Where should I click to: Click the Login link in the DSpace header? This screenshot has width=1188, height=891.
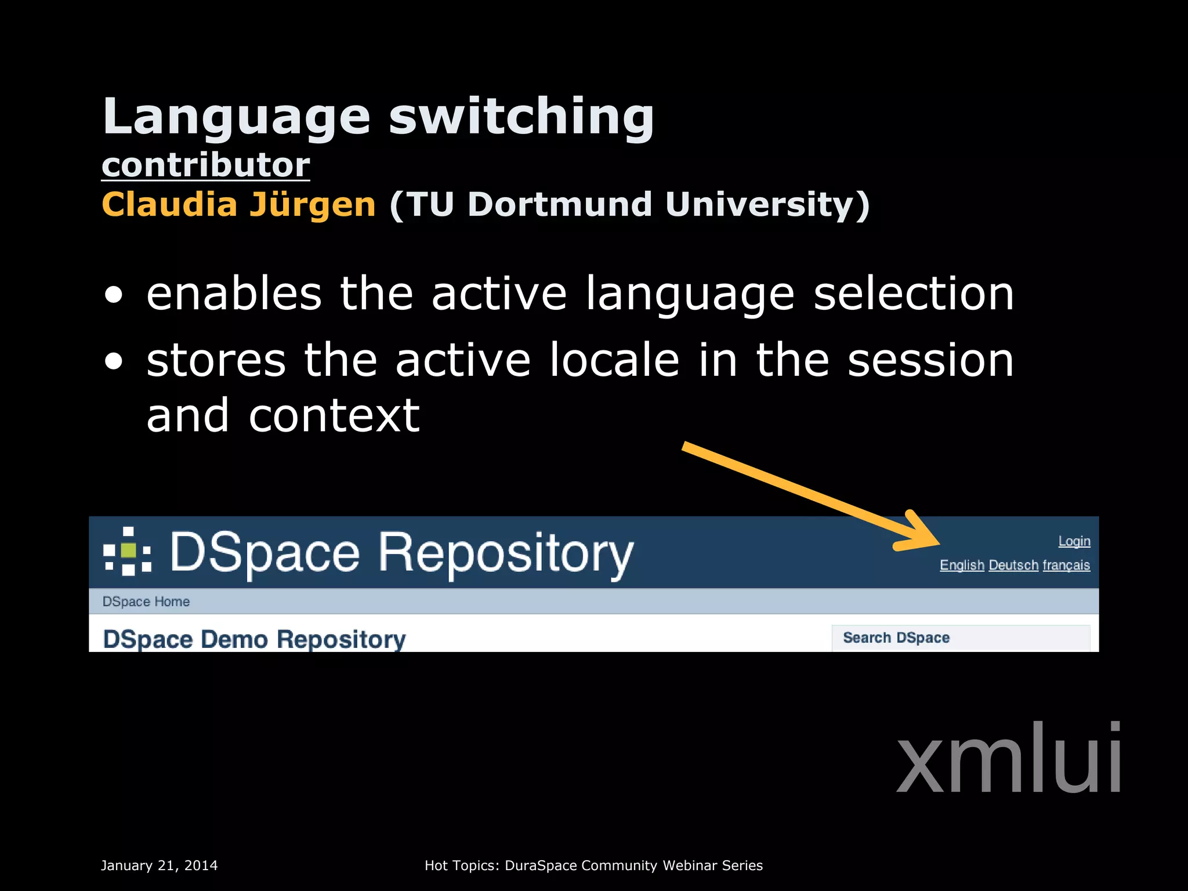click(x=1074, y=541)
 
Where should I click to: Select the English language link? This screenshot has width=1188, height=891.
click(x=962, y=565)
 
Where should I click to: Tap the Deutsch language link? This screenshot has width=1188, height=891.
click(x=1013, y=565)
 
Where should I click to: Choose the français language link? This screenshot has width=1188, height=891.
click(x=1066, y=565)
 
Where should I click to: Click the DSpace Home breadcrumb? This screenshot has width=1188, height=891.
click(x=146, y=602)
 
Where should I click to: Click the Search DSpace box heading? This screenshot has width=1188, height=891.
click(x=896, y=638)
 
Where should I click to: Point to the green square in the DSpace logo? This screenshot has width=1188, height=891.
click(x=128, y=550)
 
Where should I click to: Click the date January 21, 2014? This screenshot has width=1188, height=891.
click(x=159, y=865)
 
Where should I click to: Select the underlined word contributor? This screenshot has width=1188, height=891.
click(x=206, y=165)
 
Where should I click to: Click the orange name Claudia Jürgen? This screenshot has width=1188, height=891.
click(x=238, y=205)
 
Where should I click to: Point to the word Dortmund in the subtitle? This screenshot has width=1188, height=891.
click(x=560, y=205)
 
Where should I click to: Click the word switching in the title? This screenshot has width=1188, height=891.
click(x=521, y=117)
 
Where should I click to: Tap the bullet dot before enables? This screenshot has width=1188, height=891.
click(x=114, y=295)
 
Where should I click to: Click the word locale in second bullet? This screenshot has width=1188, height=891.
click(x=614, y=360)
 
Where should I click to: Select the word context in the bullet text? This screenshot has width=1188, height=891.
click(x=334, y=416)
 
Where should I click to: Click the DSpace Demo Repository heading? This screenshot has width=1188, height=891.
click(x=254, y=639)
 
